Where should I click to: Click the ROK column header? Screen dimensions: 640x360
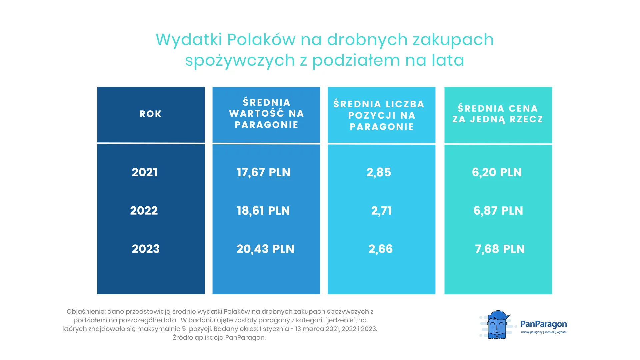pyautogui.click(x=151, y=114)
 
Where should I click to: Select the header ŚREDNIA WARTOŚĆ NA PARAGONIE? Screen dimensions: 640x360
pyautogui.click(x=266, y=113)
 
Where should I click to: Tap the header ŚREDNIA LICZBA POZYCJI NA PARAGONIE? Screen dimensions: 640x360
pyautogui.click(x=379, y=115)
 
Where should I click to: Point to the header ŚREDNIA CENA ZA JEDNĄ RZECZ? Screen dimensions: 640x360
pyautogui.click(x=498, y=114)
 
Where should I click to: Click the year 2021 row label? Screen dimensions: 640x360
pyautogui.click(x=145, y=172)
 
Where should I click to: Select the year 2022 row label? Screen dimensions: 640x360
pyautogui.click(x=144, y=211)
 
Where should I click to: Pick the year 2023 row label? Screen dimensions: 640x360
pyautogui.click(x=146, y=249)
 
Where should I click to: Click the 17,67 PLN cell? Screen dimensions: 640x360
pyautogui.click(x=264, y=172)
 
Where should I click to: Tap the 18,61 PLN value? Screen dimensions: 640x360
pyautogui.click(x=263, y=211)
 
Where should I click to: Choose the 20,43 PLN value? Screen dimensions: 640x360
pyautogui.click(x=265, y=249)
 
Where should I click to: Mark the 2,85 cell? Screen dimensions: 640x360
pyautogui.click(x=379, y=172)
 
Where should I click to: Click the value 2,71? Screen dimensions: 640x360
pyautogui.click(x=382, y=211)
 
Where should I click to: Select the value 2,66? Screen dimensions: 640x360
pyautogui.click(x=381, y=249)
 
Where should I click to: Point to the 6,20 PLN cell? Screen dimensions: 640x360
pyautogui.click(x=497, y=172)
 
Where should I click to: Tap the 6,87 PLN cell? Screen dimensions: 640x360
pyautogui.click(x=498, y=211)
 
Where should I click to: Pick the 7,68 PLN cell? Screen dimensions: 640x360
pyautogui.click(x=500, y=249)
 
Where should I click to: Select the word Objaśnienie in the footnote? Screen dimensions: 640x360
pyautogui.click(x=86, y=312)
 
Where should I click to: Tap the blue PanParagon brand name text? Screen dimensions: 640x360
pyautogui.click(x=544, y=324)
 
